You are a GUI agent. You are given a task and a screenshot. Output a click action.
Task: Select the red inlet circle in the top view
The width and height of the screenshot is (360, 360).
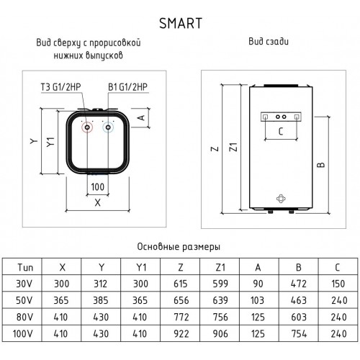pyautogui.click(x=88, y=131)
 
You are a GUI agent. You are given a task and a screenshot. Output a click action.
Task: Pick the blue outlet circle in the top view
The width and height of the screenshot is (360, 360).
pyautogui.click(x=108, y=131)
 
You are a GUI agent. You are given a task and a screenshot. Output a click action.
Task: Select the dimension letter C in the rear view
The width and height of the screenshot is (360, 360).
pyautogui.click(x=282, y=131)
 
